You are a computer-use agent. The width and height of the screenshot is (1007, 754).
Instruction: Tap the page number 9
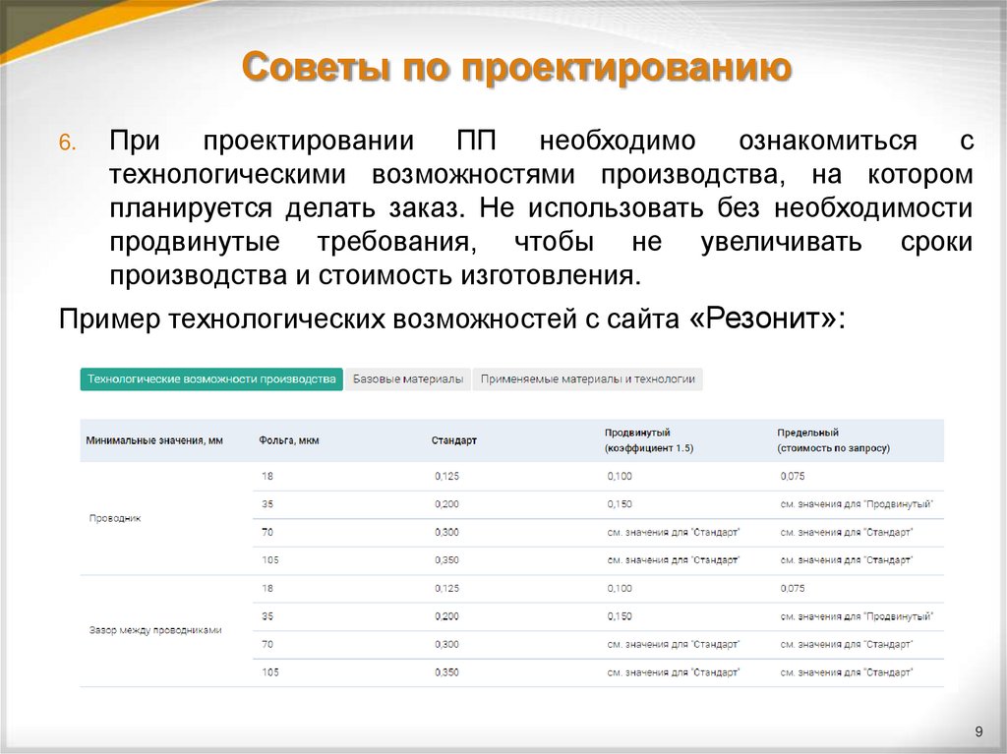click(978, 729)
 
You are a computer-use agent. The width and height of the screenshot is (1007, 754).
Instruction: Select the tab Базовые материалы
click(408, 379)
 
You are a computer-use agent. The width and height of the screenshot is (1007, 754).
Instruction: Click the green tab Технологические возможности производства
click(211, 379)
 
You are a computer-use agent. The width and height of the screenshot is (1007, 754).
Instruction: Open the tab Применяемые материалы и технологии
click(587, 379)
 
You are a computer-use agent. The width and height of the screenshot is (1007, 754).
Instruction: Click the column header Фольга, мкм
click(289, 440)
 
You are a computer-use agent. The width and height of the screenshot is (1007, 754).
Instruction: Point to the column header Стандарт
click(453, 440)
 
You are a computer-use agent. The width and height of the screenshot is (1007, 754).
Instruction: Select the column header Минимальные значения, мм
click(154, 440)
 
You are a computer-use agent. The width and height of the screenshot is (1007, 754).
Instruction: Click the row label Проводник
click(115, 518)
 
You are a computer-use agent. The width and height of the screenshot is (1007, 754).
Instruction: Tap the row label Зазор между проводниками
click(155, 630)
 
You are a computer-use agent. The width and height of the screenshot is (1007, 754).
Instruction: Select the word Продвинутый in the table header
click(637, 433)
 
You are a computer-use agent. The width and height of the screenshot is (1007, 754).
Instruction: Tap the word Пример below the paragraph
click(109, 319)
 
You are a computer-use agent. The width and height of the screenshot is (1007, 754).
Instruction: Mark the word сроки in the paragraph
click(936, 242)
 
